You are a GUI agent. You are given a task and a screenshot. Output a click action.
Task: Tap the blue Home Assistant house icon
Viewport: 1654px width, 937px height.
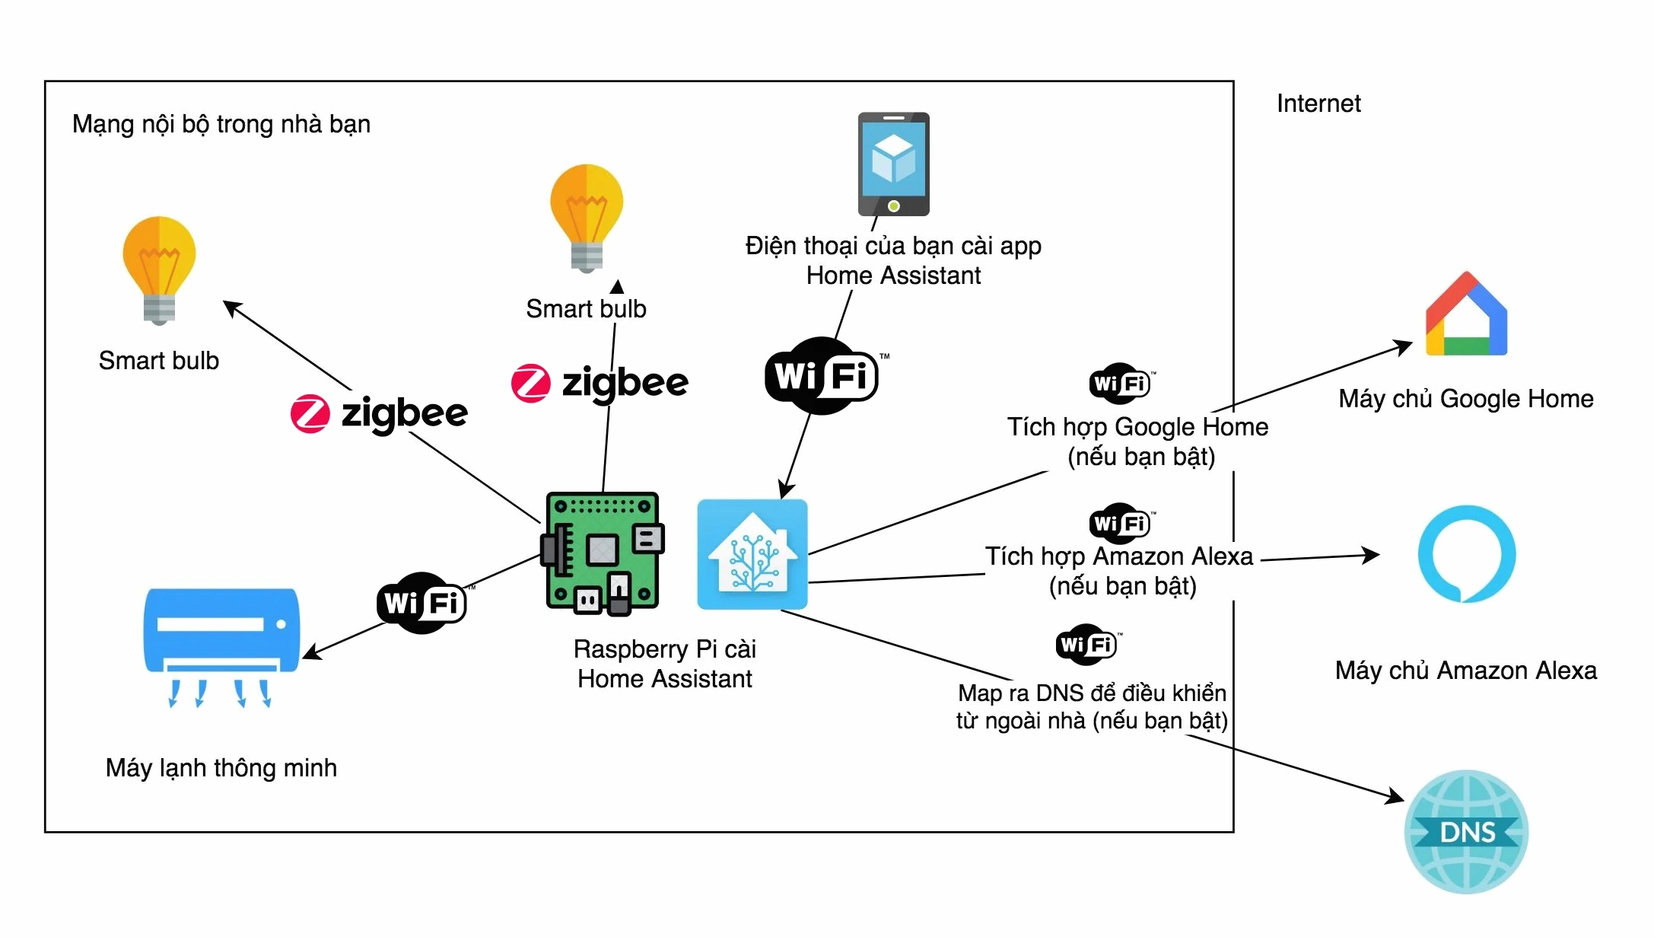752,554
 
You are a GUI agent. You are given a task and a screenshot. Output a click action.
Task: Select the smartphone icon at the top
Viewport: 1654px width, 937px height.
893,164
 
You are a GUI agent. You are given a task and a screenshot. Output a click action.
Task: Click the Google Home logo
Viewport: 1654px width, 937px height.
1466,314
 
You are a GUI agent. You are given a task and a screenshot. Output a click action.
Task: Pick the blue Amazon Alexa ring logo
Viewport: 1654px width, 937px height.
1466,554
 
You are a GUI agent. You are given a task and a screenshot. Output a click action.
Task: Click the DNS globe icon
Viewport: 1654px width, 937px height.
1466,831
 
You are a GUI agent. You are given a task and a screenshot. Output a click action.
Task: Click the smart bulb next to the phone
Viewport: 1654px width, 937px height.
587,217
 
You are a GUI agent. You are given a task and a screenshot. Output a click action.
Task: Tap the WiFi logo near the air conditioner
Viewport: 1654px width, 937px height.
421,603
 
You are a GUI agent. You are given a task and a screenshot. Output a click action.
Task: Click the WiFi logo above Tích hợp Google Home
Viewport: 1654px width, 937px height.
1120,383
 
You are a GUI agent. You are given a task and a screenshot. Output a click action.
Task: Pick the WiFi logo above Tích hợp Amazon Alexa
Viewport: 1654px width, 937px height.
1120,523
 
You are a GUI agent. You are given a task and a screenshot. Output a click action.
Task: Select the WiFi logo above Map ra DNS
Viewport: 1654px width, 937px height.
1086,645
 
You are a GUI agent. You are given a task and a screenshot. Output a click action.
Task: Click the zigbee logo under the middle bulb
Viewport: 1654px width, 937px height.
600,382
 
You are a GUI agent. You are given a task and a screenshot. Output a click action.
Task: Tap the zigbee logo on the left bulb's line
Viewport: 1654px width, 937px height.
379,413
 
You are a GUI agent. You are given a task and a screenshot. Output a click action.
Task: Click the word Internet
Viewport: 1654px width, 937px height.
1318,104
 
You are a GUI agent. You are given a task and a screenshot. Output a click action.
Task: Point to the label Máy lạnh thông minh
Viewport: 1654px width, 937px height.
221,767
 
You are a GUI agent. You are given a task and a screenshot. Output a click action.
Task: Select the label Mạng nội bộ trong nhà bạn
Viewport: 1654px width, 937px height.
221,124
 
